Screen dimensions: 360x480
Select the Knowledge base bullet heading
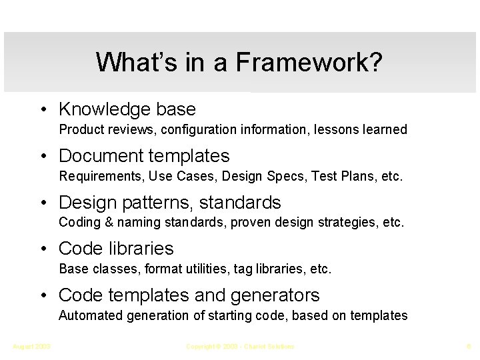pyautogui.click(x=127, y=109)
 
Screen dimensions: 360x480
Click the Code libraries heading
pyautogui.click(x=116, y=249)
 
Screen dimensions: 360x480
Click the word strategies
pyautogui.click(x=344, y=222)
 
